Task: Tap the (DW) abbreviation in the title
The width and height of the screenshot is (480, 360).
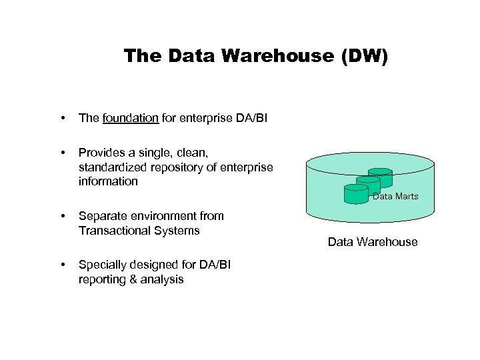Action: pyautogui.click(x=363, y=56)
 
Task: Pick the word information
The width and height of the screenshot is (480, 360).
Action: pyautogui.click(x=108, y=181)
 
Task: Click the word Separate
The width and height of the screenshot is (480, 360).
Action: pyautogui.click(x=101, y=216)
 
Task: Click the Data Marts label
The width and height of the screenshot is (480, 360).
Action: pyautogui.click(x=395, y=196)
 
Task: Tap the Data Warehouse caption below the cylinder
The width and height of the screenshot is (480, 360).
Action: pyautogui.click(x=373, y=242)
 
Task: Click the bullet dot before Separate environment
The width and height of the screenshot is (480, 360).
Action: pyautogui.click(x=63, y=217)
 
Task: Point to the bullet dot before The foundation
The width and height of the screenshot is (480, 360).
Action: pyautogui.click(x=63, y=119)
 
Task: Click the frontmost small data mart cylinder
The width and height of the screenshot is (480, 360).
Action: pyautogui.click(x=355, y=193)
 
